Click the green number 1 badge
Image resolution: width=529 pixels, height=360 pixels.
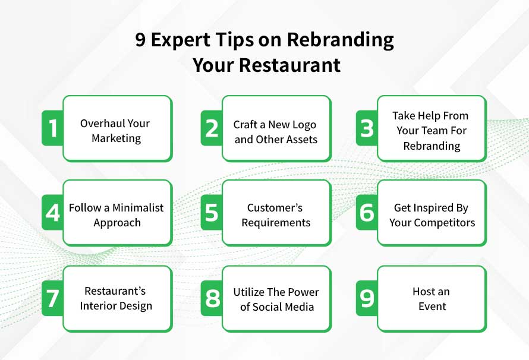52,128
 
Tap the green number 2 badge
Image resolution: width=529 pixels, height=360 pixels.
212,128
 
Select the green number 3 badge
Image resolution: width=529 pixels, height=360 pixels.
367,128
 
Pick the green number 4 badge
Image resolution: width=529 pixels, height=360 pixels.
52,213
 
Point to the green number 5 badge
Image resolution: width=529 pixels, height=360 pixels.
212,213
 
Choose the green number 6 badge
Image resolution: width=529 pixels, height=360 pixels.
367,213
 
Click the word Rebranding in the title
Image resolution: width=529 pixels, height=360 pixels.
341,40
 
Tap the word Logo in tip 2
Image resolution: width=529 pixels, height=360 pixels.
301,125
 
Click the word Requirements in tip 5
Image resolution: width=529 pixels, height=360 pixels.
276,223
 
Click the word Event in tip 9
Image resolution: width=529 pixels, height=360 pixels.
432,307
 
